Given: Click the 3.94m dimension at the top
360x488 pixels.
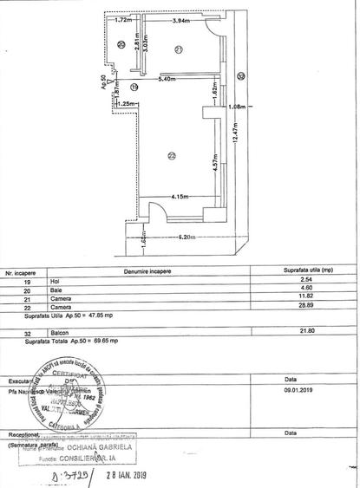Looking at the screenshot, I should pyautogui.click(x=181, y=20).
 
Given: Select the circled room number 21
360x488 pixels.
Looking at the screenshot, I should pyautogui.click(x=178, y=50).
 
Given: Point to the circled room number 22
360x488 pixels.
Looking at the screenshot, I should pyautogui.click(x=172, y=155).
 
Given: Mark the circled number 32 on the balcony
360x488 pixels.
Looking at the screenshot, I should pyautogui.click(x=240, y=76).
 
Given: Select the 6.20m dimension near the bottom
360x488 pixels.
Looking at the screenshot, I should pyautogui.click(x=180, y=237).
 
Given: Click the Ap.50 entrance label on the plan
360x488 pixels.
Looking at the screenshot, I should pyautogui.click(x=104, y=84).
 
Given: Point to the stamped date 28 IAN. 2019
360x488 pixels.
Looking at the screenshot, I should pyautogui.click(x=127, y=474).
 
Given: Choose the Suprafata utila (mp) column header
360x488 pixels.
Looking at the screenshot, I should pyautogui.click(x=294, y=270).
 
